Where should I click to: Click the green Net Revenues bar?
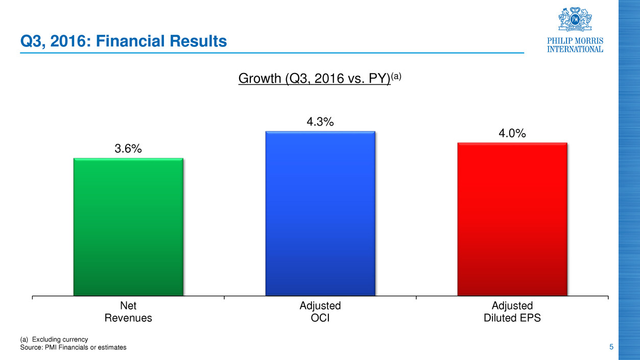point(128,227)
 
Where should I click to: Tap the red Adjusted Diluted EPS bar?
point(512,219)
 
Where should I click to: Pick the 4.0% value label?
point(512,133)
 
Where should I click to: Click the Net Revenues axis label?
point(128,311)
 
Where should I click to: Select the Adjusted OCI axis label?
point(320,311)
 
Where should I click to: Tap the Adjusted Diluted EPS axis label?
point(512,311)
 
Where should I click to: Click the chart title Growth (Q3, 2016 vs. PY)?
point(314,80)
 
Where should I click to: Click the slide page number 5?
point(611,347)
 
